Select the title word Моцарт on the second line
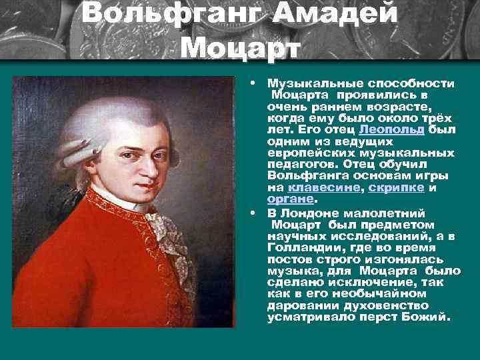tap(241, 46)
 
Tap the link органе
tap(290, 199)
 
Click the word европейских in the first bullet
tap(305, 153)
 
